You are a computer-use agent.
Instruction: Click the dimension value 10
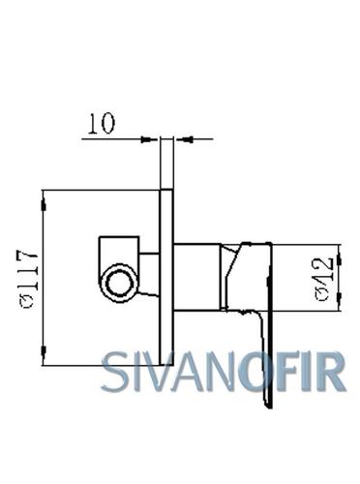(x=102, y=123)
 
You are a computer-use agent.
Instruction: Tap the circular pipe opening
(x=119, y=284)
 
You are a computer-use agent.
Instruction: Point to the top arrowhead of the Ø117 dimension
(x=44, y=205)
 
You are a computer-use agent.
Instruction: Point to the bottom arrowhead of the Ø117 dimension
(x=44, y=351)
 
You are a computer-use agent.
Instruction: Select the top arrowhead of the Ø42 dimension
(x=339, y=259)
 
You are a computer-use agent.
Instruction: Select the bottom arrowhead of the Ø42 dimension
(x=339, y=297)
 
